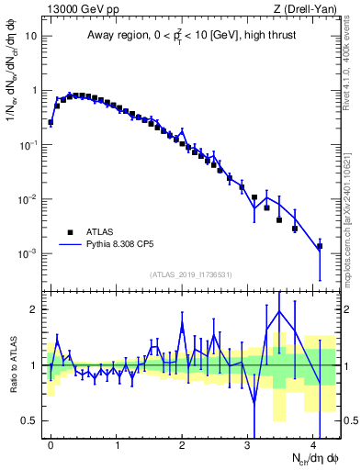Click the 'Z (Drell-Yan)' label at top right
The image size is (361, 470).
click(308, 9)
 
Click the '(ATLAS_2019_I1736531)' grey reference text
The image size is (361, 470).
click(191, 274)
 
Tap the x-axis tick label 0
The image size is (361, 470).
click(51, 443)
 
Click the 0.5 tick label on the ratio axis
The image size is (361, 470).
click(29, 420)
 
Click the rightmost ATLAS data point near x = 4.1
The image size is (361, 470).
click(320, 246)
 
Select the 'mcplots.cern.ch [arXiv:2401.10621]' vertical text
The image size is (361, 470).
click(351, 202)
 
